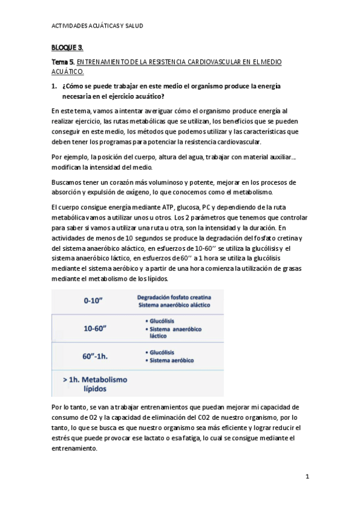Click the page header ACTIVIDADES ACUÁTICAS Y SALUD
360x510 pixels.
tap(97, 27)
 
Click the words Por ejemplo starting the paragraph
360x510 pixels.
tap(69, 157)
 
